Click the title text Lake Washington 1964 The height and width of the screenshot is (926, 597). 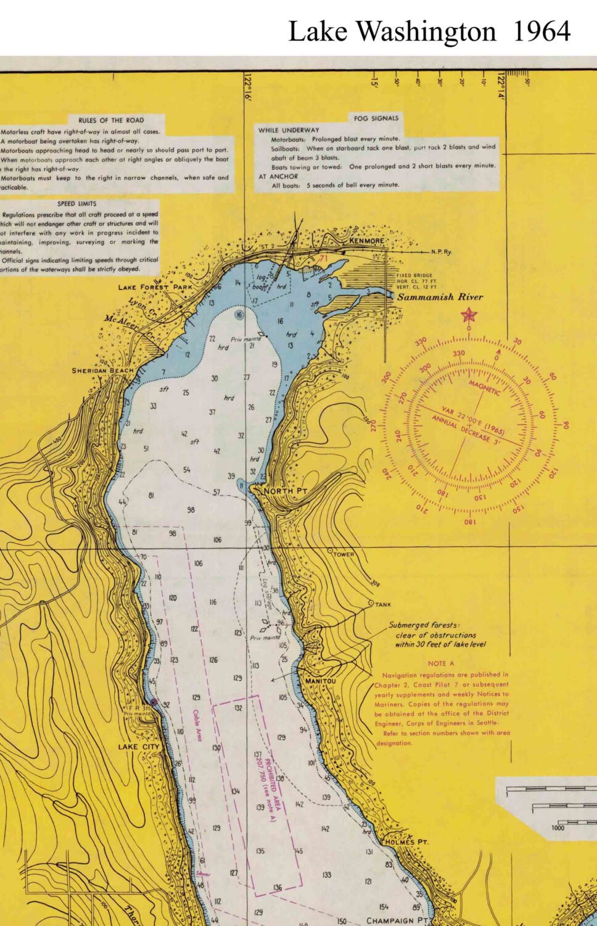pos(429,31)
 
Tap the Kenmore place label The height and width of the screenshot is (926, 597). pos(366,241)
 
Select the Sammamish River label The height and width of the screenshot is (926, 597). pos(440,297)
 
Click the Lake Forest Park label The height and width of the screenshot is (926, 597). pos(155,287)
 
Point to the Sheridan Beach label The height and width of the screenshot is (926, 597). pos(102,370)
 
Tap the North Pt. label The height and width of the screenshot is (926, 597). pos(285,491)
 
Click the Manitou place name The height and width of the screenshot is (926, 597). pos(321,681)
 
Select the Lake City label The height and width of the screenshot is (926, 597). pos(138,746)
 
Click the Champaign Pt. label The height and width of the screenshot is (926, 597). pos(397,920)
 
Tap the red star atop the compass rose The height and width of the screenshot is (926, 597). pos(469,315)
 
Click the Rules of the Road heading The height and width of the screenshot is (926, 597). pos(111,120)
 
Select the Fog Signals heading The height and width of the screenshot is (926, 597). pos(376,118)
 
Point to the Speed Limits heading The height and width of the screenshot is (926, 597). pos(77,204)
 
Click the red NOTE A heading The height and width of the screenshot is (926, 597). pos(441,664)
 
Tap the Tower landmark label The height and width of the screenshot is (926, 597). pos(344,554)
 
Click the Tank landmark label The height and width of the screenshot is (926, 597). pos(382,604)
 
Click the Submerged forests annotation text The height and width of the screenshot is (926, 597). pos(436,635)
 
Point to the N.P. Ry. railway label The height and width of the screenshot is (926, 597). pos(441,252)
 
